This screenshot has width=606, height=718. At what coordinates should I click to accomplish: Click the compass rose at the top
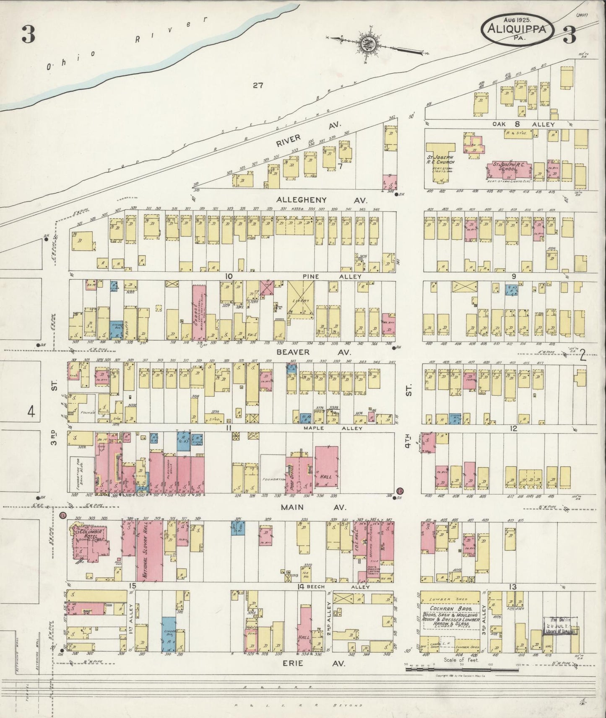(368, 43)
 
